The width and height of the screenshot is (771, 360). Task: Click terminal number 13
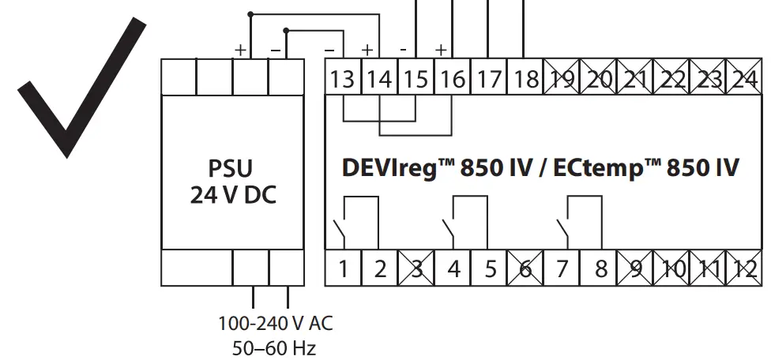344,79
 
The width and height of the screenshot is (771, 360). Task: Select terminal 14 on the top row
380,79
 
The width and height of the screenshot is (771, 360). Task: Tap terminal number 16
453,79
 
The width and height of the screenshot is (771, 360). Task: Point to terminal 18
525,79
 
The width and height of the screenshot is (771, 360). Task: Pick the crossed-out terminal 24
743,79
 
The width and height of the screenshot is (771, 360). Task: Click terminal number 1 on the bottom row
344,268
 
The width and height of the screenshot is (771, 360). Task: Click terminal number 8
600,268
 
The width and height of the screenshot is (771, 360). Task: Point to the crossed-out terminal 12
743,268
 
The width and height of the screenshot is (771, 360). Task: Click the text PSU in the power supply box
232,169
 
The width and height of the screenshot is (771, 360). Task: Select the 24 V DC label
232,195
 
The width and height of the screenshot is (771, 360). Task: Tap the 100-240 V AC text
276,324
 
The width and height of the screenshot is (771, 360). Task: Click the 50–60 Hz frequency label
273,347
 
